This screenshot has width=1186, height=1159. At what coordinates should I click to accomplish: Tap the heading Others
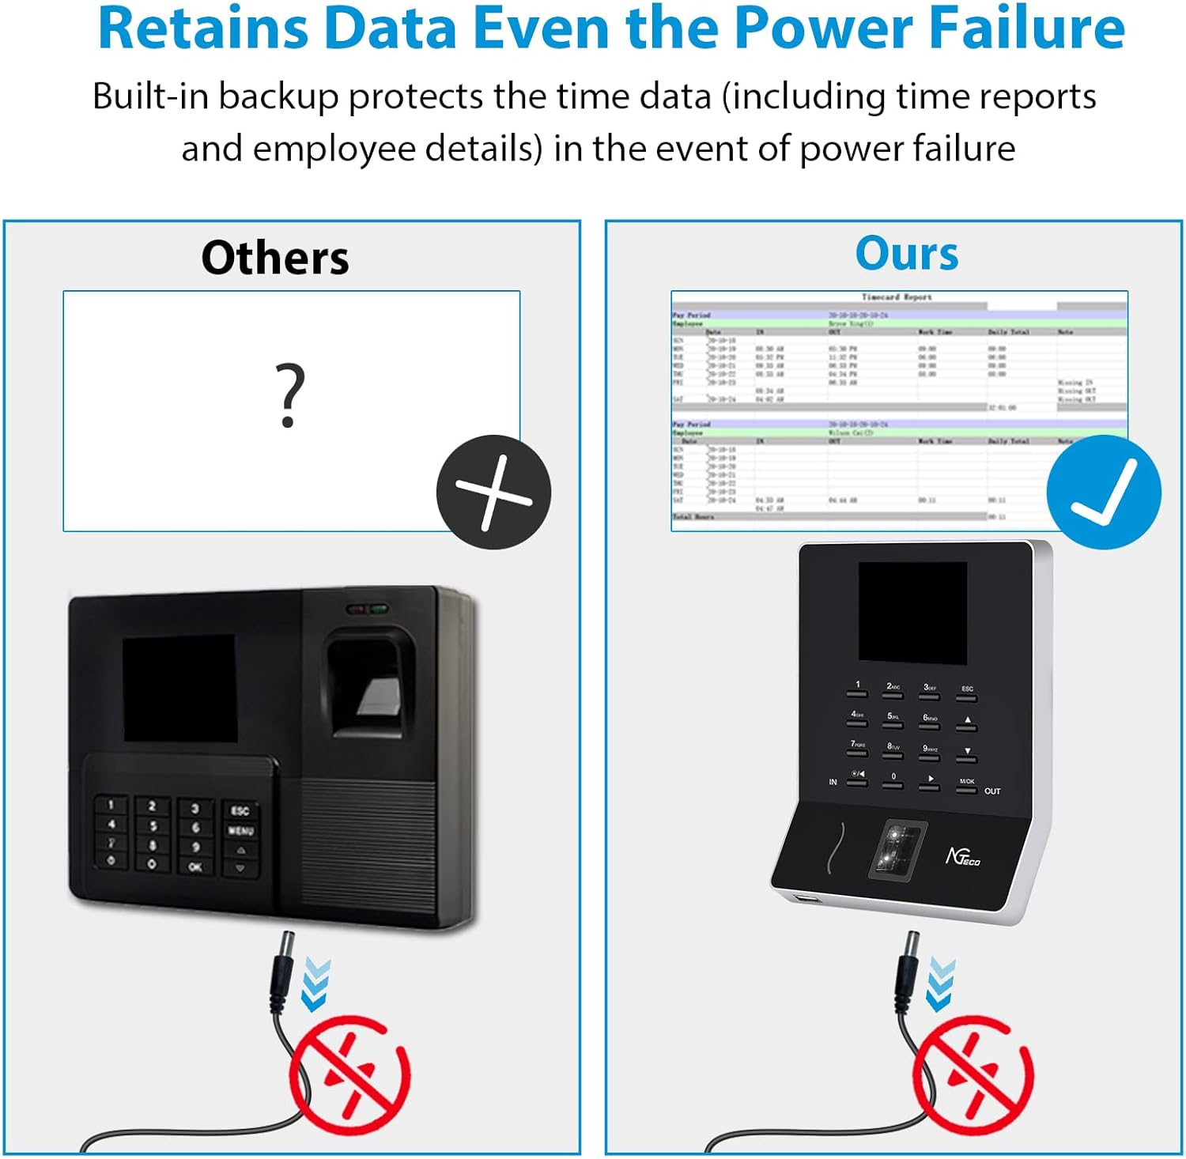click(274, 258)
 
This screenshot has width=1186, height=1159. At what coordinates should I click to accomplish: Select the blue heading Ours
click(906, 254)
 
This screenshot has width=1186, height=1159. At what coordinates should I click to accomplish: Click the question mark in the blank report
click(289, 395)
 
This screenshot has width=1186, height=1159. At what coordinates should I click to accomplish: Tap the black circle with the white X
click(493, 492)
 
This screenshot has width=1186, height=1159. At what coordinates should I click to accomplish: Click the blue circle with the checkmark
click(1103, 492)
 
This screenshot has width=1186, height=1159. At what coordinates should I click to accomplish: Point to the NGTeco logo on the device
click(962, 856)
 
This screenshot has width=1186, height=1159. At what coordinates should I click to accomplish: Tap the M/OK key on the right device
click(966, 784)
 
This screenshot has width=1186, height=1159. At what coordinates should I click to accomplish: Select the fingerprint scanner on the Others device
click(370, 684)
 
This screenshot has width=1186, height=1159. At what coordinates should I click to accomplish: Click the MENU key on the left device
click(240, 831)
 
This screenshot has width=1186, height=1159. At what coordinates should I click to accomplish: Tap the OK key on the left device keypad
click(195, 866)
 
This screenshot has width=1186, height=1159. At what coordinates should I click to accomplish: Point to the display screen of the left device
click(179, 688)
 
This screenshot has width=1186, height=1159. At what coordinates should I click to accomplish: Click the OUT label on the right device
click(992, 791)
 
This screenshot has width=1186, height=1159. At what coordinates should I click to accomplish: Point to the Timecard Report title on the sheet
click(896, 297)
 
